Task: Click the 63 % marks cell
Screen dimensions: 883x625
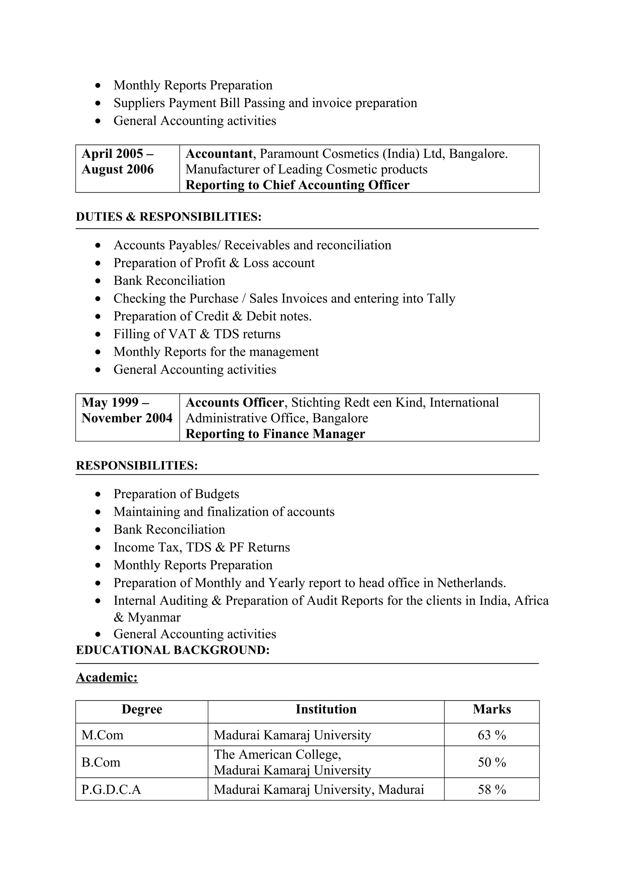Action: click(x=491, y=735)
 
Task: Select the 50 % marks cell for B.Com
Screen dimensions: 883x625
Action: click(x=491, y=762)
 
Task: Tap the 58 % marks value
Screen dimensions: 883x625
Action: click(x=491, y=789)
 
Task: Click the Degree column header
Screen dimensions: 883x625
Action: click(x=142, y=709)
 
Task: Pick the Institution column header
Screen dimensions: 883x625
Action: click(x=326, y=709)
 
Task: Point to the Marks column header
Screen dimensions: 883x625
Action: click(x=491, y=709)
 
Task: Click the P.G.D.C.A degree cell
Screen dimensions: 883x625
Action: click(x=111, y=789)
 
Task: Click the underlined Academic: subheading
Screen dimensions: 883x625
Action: click(x=107, y=677)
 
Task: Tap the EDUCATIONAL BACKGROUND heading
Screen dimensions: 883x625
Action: click(x=172, y=650)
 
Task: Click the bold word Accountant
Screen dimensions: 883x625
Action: click(x=219, y=154)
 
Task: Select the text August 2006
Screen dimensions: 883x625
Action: click(x=117, y=169)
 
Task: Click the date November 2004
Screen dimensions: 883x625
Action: click(x=127, y=418)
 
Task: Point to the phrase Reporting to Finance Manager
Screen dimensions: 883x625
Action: click(x=275, y=434)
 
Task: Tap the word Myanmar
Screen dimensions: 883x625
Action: click(x=154, y=617)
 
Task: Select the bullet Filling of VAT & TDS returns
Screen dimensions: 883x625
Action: click(x=197, y=334)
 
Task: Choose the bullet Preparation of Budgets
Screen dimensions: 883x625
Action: click(x=176, y=494)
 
